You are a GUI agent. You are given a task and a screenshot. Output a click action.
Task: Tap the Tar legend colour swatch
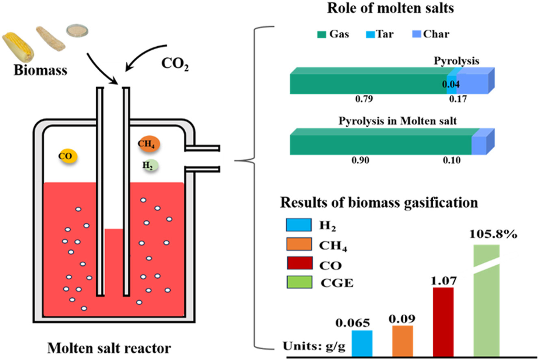tap(371, 34)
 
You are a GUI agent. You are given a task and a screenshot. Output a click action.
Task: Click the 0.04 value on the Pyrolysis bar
tap(451, 85)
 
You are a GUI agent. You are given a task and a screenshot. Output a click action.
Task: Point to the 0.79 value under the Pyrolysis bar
tap(362, 99)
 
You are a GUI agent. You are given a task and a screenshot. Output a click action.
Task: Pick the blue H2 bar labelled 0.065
tap(362, 343)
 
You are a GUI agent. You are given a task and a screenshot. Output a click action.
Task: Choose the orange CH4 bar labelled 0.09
tap(403, 340)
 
